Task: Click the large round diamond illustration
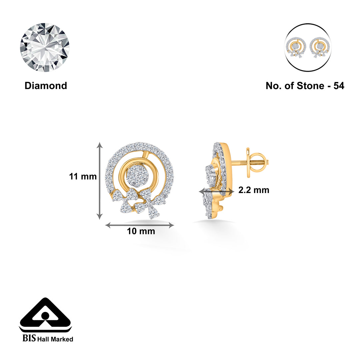[x=45, y=48]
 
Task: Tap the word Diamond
[x=46, y=86]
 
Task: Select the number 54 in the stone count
[x=339, y=86]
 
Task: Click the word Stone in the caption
[x=310, y=86]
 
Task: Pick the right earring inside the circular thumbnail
[x=320, y=47]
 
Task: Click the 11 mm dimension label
[x=83, y=176]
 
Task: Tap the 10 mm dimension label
[x=141, y=231]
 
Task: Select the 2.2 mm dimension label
[x=254, y=190]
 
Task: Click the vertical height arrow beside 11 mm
[x=99, y=181]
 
